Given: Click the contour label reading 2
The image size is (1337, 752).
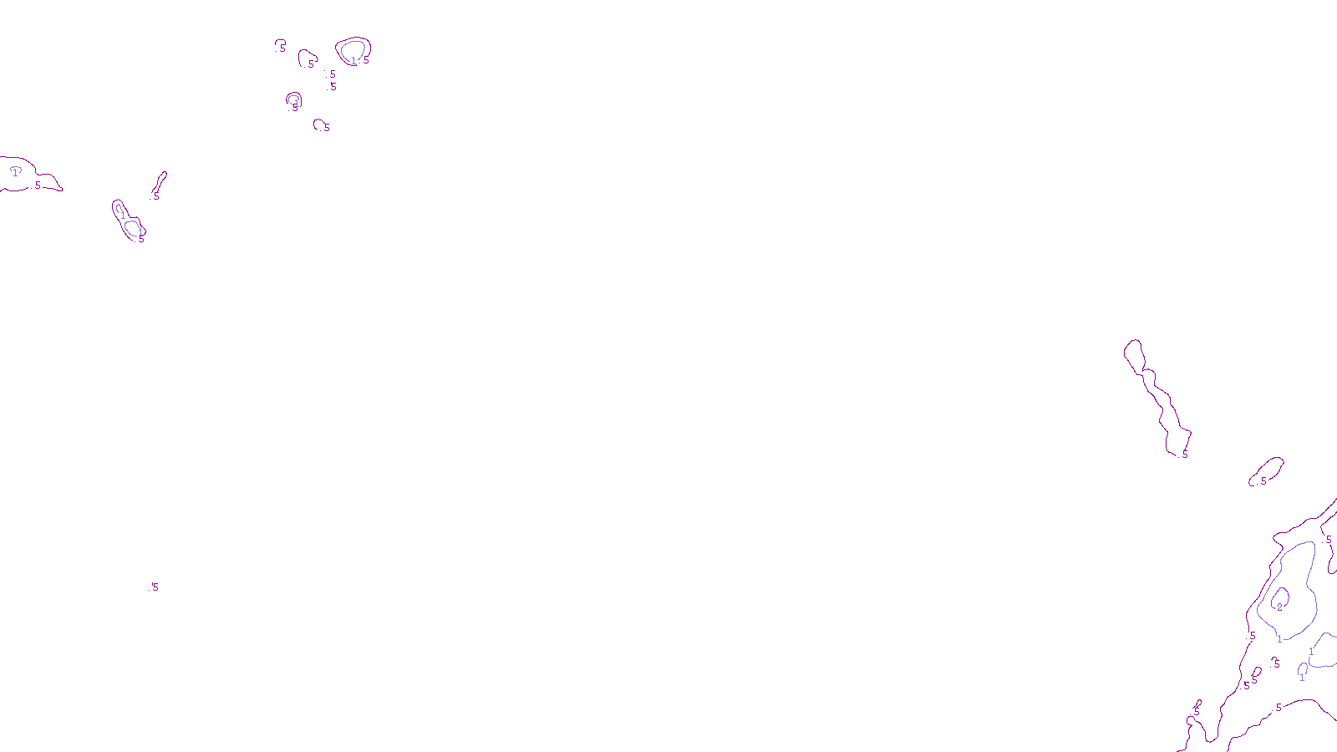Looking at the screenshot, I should [1279, 607].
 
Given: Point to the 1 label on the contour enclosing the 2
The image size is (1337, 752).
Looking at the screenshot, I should [1279, 639].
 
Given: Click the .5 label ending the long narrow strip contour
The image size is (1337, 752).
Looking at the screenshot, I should [1184, 455].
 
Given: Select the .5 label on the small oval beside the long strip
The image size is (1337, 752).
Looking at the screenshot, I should [1263, 481].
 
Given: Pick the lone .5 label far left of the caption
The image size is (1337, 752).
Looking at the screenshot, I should [154, 587].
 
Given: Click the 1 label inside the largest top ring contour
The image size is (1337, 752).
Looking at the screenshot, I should [353, 61].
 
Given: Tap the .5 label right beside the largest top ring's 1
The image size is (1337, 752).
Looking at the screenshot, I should [365, 60].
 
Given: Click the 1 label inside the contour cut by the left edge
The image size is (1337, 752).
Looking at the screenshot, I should [15, 173].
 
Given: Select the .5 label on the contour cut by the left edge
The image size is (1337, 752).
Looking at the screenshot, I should [37, 185].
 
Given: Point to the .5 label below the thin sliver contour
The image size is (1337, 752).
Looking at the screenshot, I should [155, 197].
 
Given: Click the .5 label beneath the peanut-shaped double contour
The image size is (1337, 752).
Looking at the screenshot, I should [140, 240].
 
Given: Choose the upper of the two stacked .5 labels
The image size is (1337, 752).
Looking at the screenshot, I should [332, 74].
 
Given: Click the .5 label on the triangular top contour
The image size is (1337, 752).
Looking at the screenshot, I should [310, 64].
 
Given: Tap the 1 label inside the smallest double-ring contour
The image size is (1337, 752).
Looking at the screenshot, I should [294, 103].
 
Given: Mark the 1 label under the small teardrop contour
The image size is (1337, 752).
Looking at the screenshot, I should [1302, 678].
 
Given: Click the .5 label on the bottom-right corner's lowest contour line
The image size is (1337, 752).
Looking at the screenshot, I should [1278, 708].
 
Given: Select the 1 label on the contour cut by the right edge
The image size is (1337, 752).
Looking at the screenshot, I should [1311, 652].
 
